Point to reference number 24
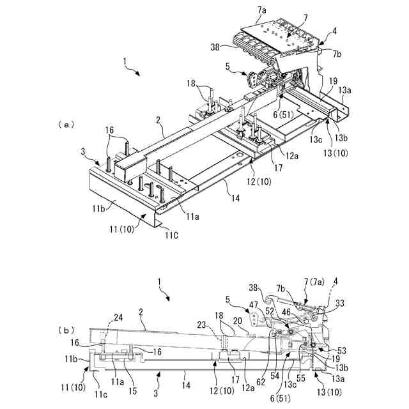pos(118,317)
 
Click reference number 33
pos(339,304)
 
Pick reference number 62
pos(260,382)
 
